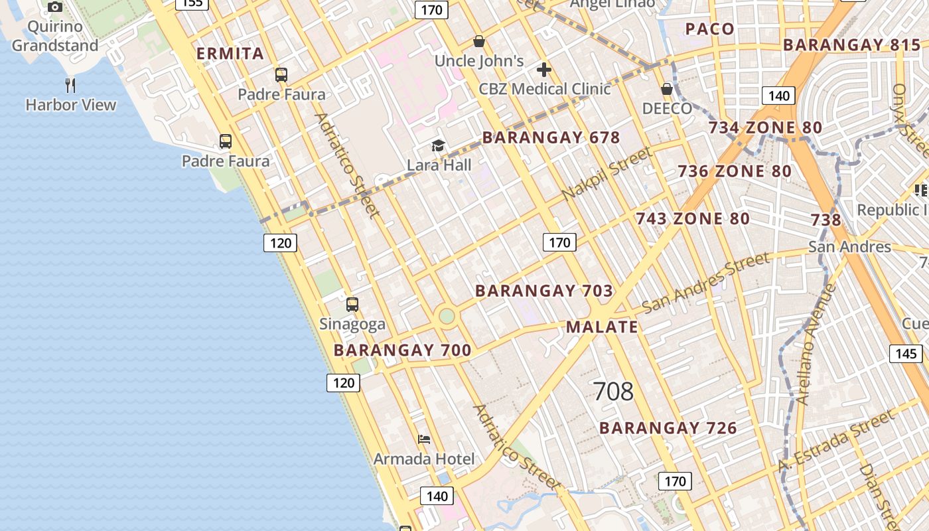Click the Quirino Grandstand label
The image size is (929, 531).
(x=55, y=36)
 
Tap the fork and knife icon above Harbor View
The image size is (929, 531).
(x=70, y=85)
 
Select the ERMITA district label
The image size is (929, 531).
(x=230, y=54)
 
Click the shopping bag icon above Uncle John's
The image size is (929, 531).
(x=479, y=42)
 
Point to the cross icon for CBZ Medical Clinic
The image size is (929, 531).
(x=544, y=70)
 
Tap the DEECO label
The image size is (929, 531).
(x=667, y=108)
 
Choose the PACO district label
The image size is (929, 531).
(x=709, y=29)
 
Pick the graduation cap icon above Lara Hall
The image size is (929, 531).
(x=438, y=146)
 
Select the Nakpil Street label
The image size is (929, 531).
(x=607, y=174)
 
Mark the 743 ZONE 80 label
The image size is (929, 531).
(x=693, y=218)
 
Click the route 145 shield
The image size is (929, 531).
(x=906, y=353)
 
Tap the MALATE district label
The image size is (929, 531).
(x=602, y=327)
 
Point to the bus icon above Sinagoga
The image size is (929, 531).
(x=352, y=305)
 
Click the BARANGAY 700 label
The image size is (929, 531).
(x=402, y=350)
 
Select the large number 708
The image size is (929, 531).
(x=613, y=392)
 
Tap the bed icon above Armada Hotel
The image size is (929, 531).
(x=424, y=439)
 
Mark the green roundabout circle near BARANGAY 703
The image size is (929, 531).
(x=447, y=316)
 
